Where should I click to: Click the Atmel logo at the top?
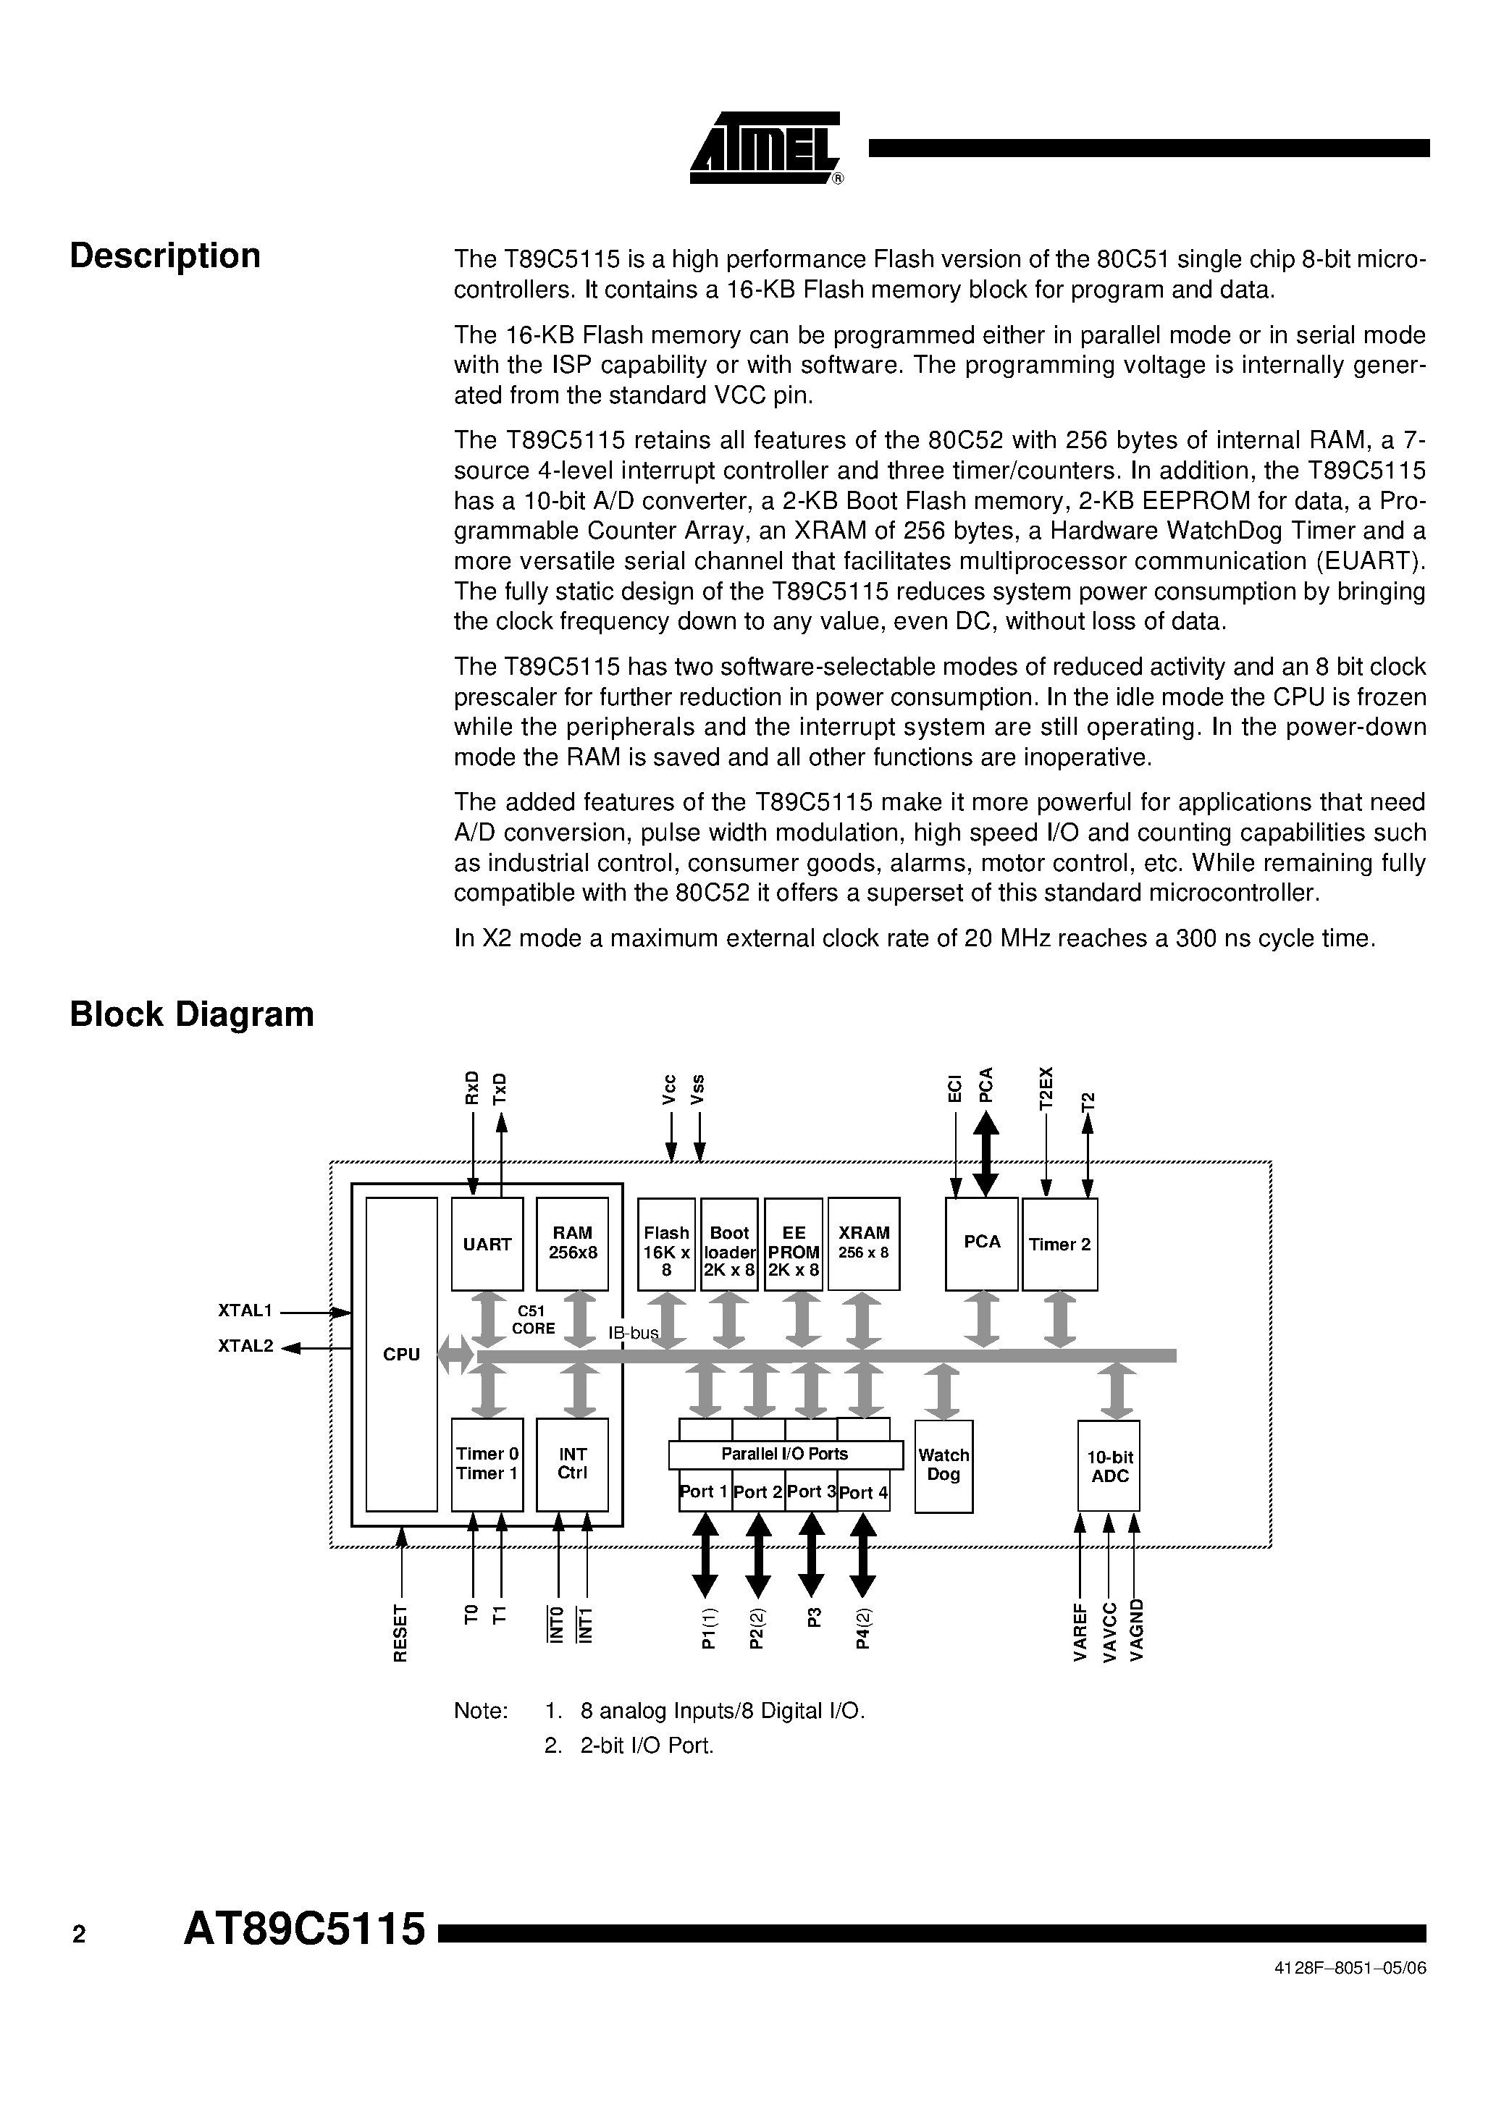click(765, 148)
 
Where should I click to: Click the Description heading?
click(165, 256)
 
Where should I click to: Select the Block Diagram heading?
click(192, 1014)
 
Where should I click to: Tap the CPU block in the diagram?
click(401, 1355)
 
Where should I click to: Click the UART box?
click(487, 1244)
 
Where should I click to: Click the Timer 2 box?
click(1060, 1244)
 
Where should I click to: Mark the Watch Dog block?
click(944, 1466)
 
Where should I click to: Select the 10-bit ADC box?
click(1109, 1466)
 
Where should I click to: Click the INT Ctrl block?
click(572, 1464)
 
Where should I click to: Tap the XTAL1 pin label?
click(245, 1310)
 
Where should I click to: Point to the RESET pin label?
click(400, 1633)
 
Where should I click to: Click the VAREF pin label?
click(1080, 1631)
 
